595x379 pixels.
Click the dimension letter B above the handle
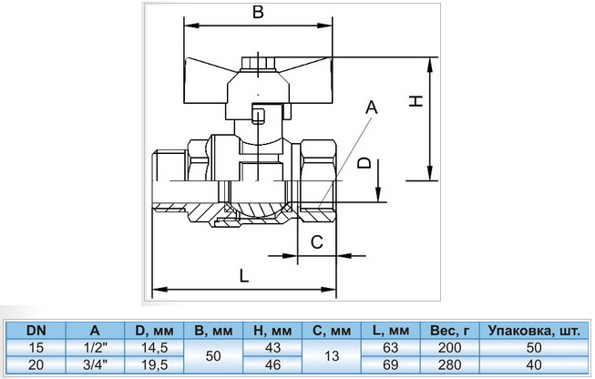tap(258, 12)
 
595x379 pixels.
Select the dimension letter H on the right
tap(416, 101)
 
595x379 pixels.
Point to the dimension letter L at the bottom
tap(244, 275)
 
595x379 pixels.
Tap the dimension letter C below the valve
tap(317, 241)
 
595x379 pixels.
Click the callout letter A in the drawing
tap(372, 107)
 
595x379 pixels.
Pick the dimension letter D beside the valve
tap(364, 163)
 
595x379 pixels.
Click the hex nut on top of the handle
tap(259, 64)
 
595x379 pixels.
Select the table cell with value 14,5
tap(154, 347)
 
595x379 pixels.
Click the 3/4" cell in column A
tap(95, 364)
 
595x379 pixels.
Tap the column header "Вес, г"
tap(449, 331)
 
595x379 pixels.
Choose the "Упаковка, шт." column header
tap(534, 331)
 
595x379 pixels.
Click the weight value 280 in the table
tap(449, 364)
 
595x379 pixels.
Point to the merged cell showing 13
tap(332, 356)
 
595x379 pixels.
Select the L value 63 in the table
tap(391, 347)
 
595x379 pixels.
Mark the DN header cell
tap(36, 331)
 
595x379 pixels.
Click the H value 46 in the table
tap(272, 364)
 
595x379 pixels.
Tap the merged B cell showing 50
tap(213, 356)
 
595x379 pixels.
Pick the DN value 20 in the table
tap(36, 364)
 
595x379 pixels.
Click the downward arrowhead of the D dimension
tap(378, 193)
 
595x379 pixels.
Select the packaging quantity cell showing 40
tap(534, 364)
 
